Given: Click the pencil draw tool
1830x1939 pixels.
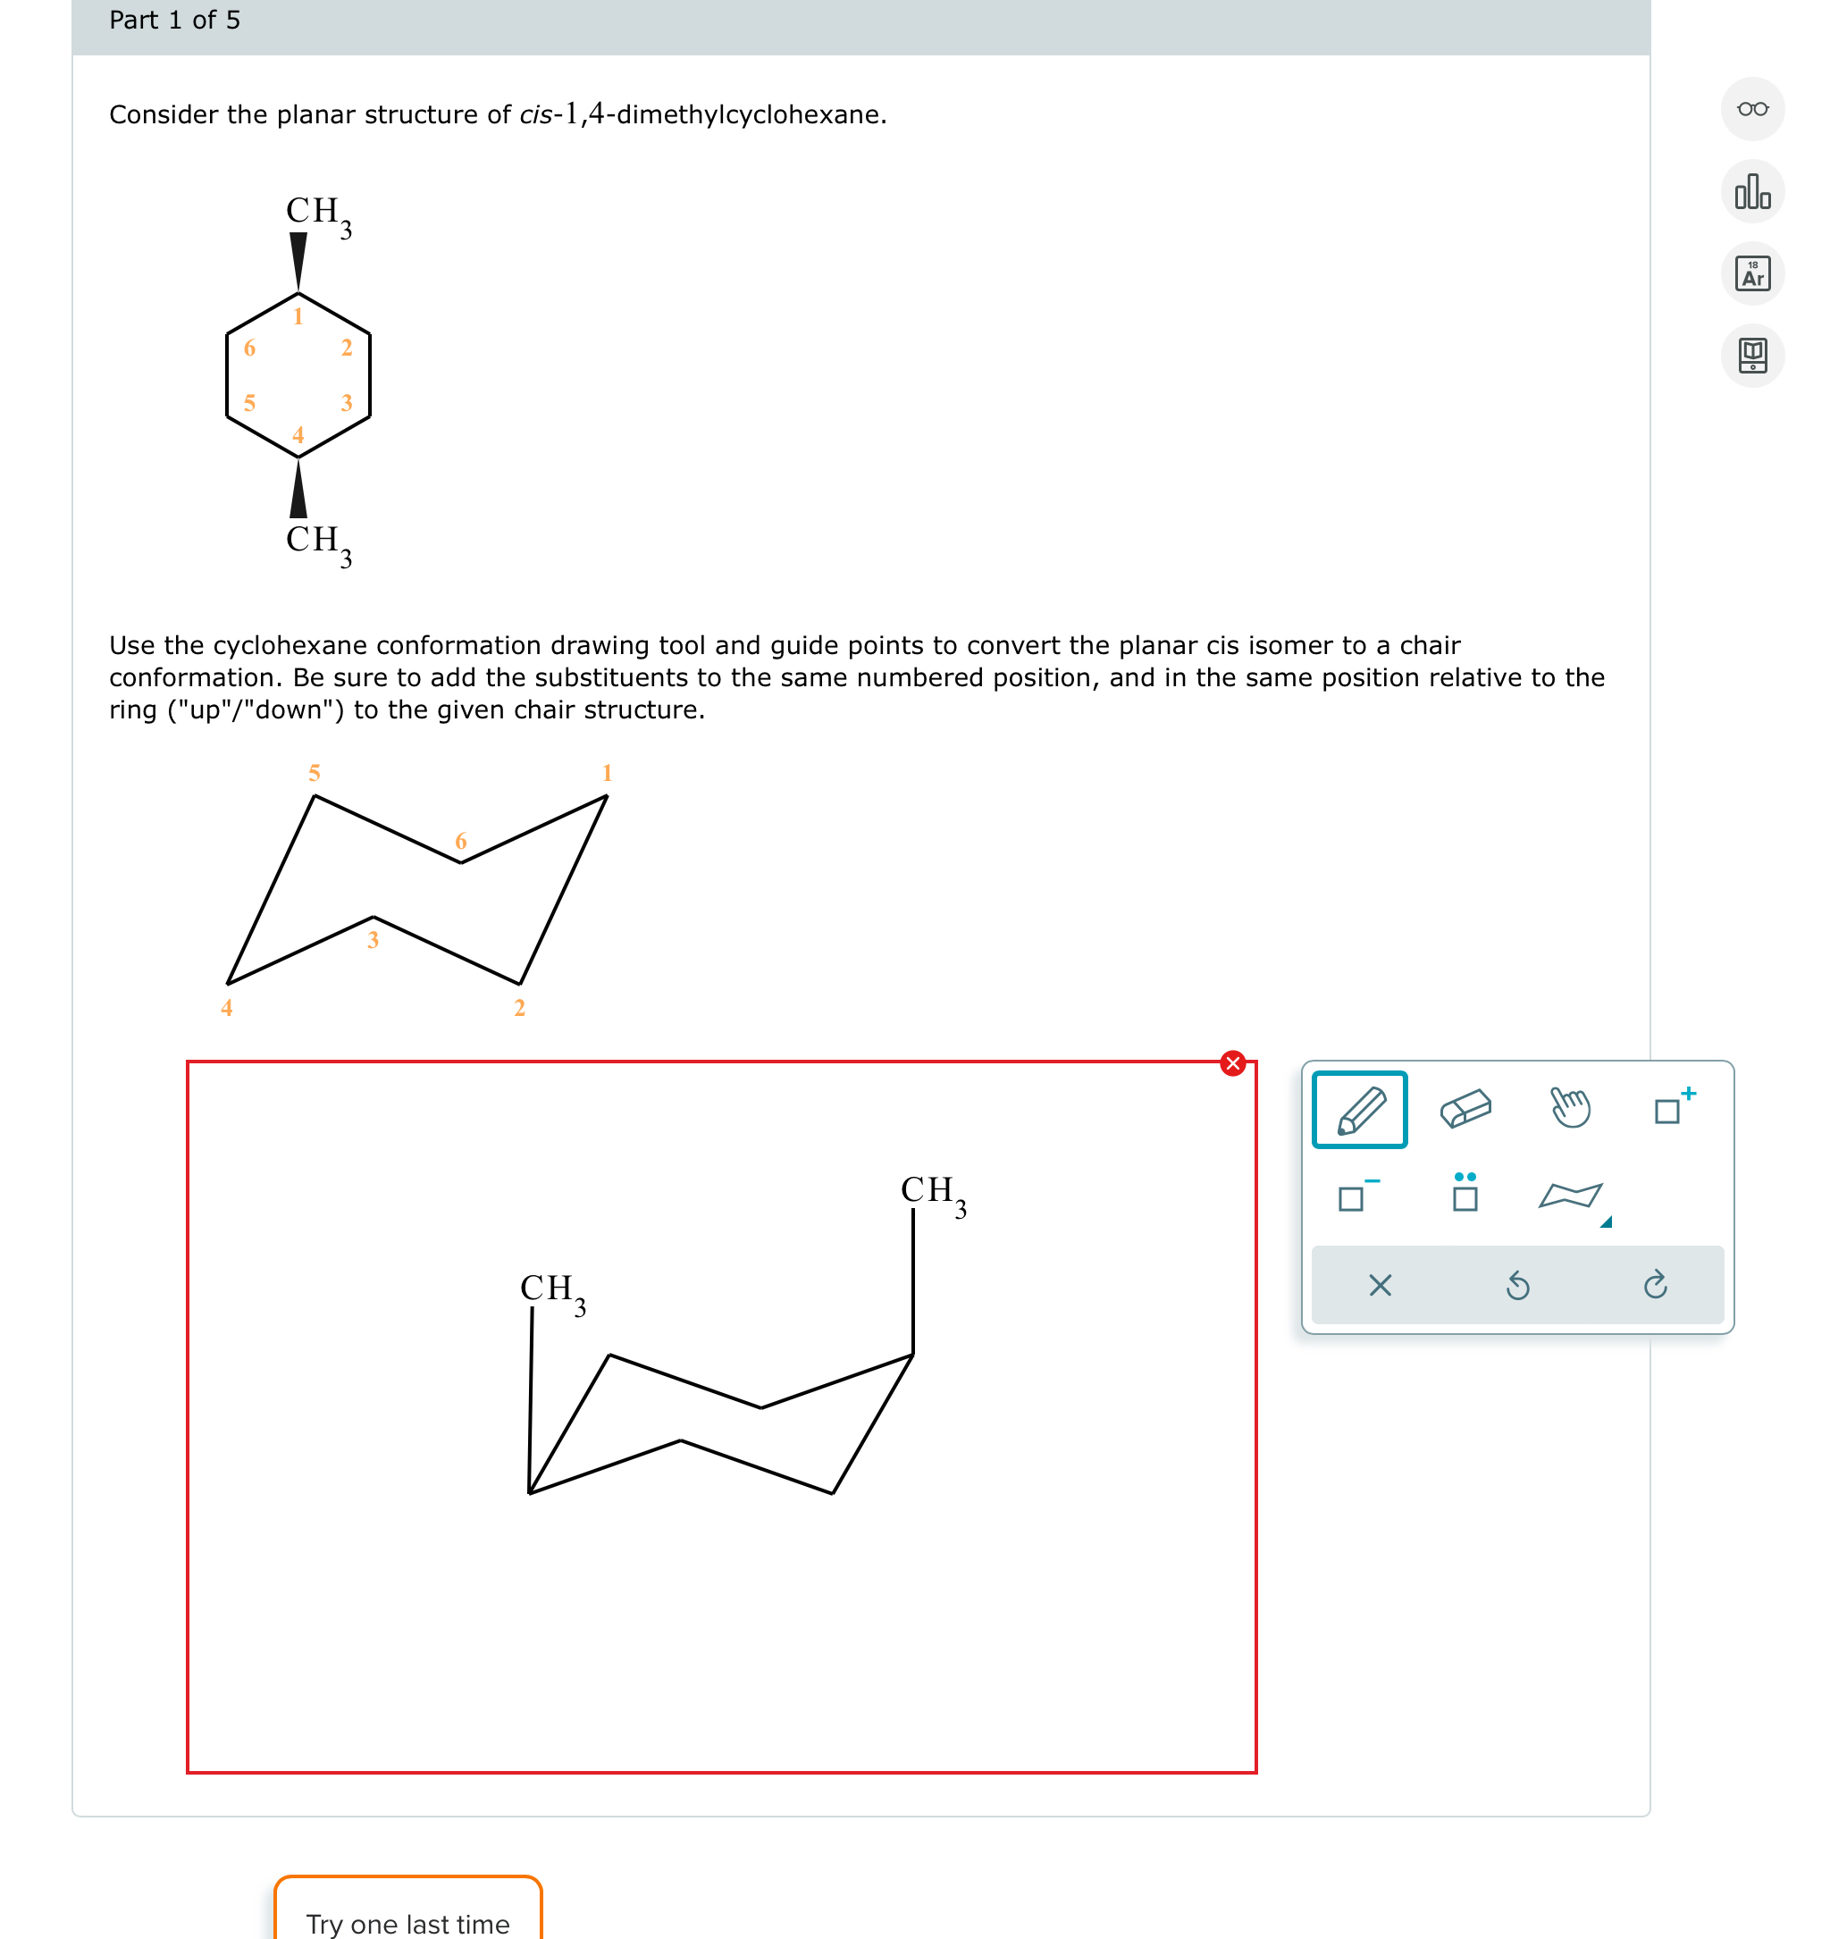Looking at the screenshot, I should click(x=1359, y=1110).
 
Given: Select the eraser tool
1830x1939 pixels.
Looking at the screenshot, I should click(x=1465, y=1110).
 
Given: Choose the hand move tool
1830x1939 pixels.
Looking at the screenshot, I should click(x=1571, y=1108).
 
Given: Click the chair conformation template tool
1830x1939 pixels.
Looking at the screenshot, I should click(x=1570, y=1196).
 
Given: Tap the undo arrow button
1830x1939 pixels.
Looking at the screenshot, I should click(x=1517, y=1286).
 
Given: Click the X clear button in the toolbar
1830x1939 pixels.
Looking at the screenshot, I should click(x=1380, y=1286).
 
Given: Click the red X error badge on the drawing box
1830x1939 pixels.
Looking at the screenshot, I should click(x=1233, y=1063).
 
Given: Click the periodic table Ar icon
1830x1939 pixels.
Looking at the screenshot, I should click(x=1752, y=274).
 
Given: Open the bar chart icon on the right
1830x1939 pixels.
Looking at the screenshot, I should click(x=1752, y=192).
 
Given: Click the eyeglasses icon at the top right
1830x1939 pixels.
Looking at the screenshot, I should click(x=1752, y=109).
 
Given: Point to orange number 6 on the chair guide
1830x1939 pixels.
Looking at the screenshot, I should click(x=460, y=841).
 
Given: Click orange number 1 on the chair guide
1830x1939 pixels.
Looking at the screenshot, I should click(x=607, y=774).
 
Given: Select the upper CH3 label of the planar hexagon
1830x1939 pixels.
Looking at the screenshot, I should click(x=318, y=214).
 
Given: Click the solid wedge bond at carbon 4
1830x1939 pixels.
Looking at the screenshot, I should click(x=298, y=490).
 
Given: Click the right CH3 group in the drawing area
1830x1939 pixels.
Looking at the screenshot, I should click(x=932, y=1194).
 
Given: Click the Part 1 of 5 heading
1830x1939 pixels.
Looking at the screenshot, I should click(x=174, y=21).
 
